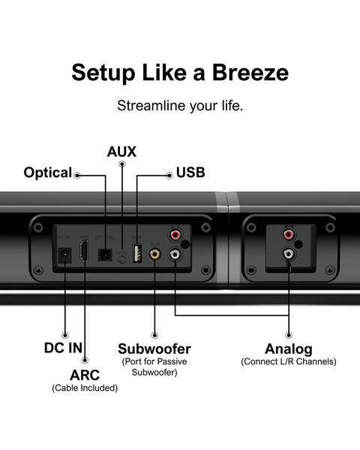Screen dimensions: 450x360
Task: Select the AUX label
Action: point(121,151)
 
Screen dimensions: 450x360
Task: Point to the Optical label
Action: point(47,173)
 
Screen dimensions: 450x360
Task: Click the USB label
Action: point(190,173)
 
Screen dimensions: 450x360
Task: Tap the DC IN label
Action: point(64,349)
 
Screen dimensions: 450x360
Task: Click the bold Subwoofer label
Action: point(154,349)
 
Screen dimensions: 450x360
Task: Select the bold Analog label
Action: point(288,349)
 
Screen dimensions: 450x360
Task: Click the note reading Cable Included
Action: point(84,388)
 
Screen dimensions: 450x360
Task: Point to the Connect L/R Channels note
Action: point(289,362)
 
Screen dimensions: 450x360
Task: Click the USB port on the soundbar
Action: point(136,253)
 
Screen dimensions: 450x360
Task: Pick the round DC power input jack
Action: point(64,255)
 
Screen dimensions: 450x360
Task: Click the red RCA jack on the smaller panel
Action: point(287,234)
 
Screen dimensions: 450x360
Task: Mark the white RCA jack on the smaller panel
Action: point(287,254)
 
